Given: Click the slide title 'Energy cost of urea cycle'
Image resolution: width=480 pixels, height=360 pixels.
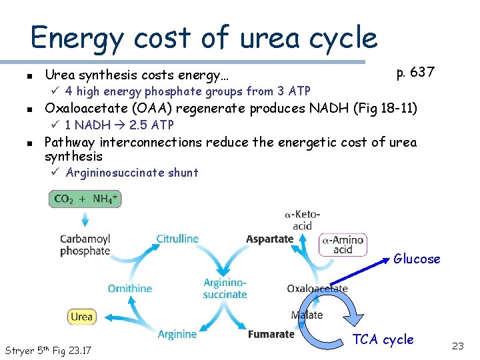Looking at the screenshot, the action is point(204,37).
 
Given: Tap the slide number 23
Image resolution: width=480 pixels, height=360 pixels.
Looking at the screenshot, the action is point(457,346).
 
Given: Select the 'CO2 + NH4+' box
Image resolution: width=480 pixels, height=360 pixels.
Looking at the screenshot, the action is point(85,199).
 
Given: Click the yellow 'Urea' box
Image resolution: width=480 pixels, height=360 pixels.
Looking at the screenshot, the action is point(81,316).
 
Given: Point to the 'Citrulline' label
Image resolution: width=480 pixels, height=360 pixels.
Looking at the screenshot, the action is point(177,239).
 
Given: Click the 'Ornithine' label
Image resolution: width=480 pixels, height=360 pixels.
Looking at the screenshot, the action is point(130,289).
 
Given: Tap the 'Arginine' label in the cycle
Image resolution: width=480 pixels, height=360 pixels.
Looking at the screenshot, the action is point(177,334).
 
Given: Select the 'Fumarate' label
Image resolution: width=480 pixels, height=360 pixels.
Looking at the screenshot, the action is point(271,334).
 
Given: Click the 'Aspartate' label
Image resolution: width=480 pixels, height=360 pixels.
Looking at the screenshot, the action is point(269,239).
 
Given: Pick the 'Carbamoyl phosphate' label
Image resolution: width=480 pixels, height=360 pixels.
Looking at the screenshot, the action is point(85,245).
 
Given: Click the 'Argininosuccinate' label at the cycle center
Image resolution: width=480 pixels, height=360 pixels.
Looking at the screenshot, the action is point(225,289).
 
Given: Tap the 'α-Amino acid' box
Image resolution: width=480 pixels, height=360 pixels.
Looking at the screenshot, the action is point(343,245).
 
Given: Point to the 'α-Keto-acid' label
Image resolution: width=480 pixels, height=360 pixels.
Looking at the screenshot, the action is point(302,220).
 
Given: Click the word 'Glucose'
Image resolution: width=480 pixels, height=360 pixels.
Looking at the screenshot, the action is point(417,259).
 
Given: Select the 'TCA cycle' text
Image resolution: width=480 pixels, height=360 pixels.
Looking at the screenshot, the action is point(383,340).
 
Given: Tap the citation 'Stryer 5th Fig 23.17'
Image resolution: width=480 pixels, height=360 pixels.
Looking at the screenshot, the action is point(48,351).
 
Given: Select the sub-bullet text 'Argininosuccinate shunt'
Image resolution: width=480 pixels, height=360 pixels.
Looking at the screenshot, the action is point(132,173).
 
